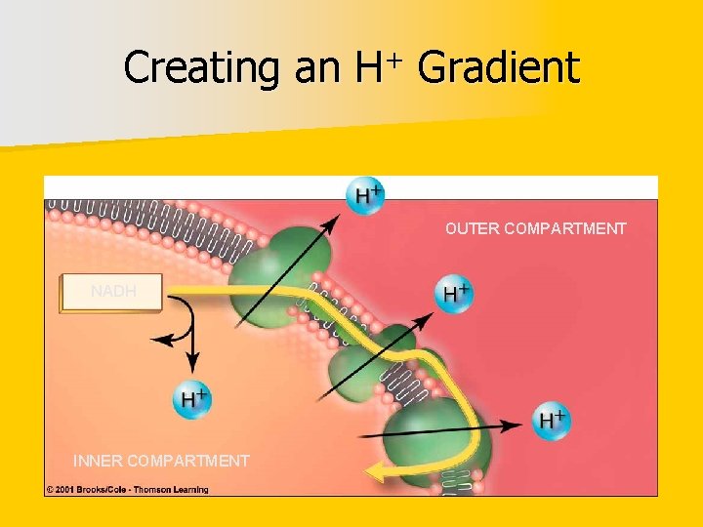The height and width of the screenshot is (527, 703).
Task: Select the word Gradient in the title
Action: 498,68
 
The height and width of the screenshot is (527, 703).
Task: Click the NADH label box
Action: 110,292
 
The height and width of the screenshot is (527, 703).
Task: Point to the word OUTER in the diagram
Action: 472,228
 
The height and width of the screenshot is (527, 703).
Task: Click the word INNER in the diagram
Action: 98,461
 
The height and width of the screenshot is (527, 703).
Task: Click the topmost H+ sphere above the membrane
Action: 365,194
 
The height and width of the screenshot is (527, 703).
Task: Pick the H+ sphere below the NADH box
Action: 192,399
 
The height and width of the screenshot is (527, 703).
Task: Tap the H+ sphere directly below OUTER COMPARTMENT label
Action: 454,293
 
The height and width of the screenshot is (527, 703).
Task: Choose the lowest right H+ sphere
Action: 552,420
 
